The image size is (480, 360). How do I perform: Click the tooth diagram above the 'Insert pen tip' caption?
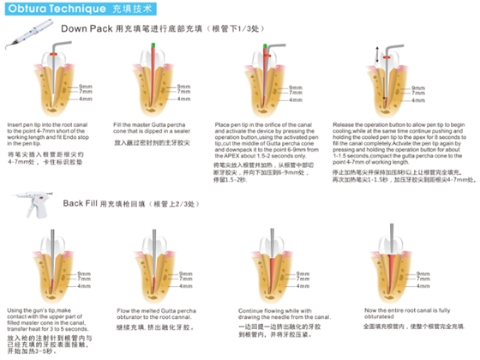pos(50,86)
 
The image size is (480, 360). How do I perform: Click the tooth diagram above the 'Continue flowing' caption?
pos(267,271)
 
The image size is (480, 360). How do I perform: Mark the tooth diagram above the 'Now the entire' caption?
pos(390,271)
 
